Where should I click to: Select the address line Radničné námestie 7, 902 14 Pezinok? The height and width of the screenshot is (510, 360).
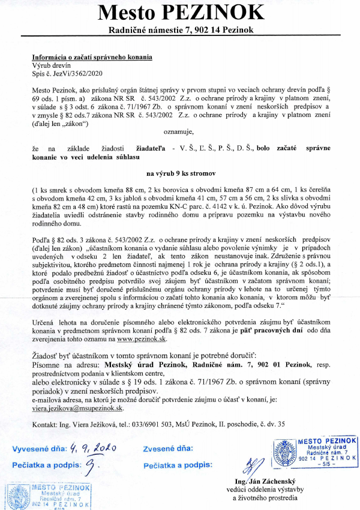pyautogui.click(x=181, y=30)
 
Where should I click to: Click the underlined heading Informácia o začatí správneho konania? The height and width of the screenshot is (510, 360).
pyautogui.click(x=92, y=57)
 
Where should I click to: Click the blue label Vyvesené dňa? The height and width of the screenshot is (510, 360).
pyautogui.click(x=38, y=448)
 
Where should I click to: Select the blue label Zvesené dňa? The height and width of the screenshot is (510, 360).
pyautogui.click(x=168, y=448)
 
